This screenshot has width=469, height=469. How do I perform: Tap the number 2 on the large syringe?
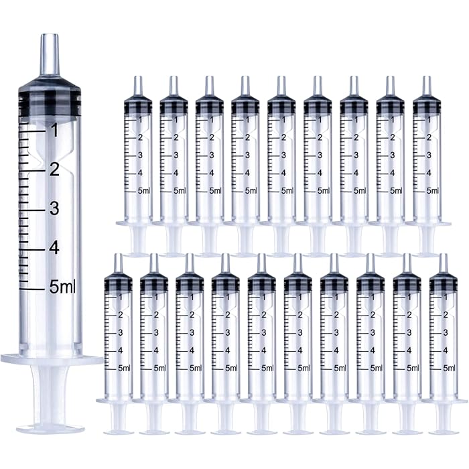54,170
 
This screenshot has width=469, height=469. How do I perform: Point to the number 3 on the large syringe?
54,208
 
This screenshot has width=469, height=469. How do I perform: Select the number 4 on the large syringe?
54,247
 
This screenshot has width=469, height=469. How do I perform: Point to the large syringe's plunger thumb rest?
50,427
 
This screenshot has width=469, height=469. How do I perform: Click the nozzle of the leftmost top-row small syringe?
138,85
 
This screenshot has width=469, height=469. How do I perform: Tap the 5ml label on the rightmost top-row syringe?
432,191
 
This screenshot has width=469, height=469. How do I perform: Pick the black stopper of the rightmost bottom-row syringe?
443,283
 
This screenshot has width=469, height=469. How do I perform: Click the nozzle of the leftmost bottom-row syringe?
118,263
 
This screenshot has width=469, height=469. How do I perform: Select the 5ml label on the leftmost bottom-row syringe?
124,368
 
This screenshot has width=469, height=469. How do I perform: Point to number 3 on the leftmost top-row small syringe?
140,155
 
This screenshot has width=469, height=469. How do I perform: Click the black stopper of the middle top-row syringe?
282,106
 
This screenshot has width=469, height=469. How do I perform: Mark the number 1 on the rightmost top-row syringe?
429,120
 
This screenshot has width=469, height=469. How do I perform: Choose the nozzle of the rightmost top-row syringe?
426,85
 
